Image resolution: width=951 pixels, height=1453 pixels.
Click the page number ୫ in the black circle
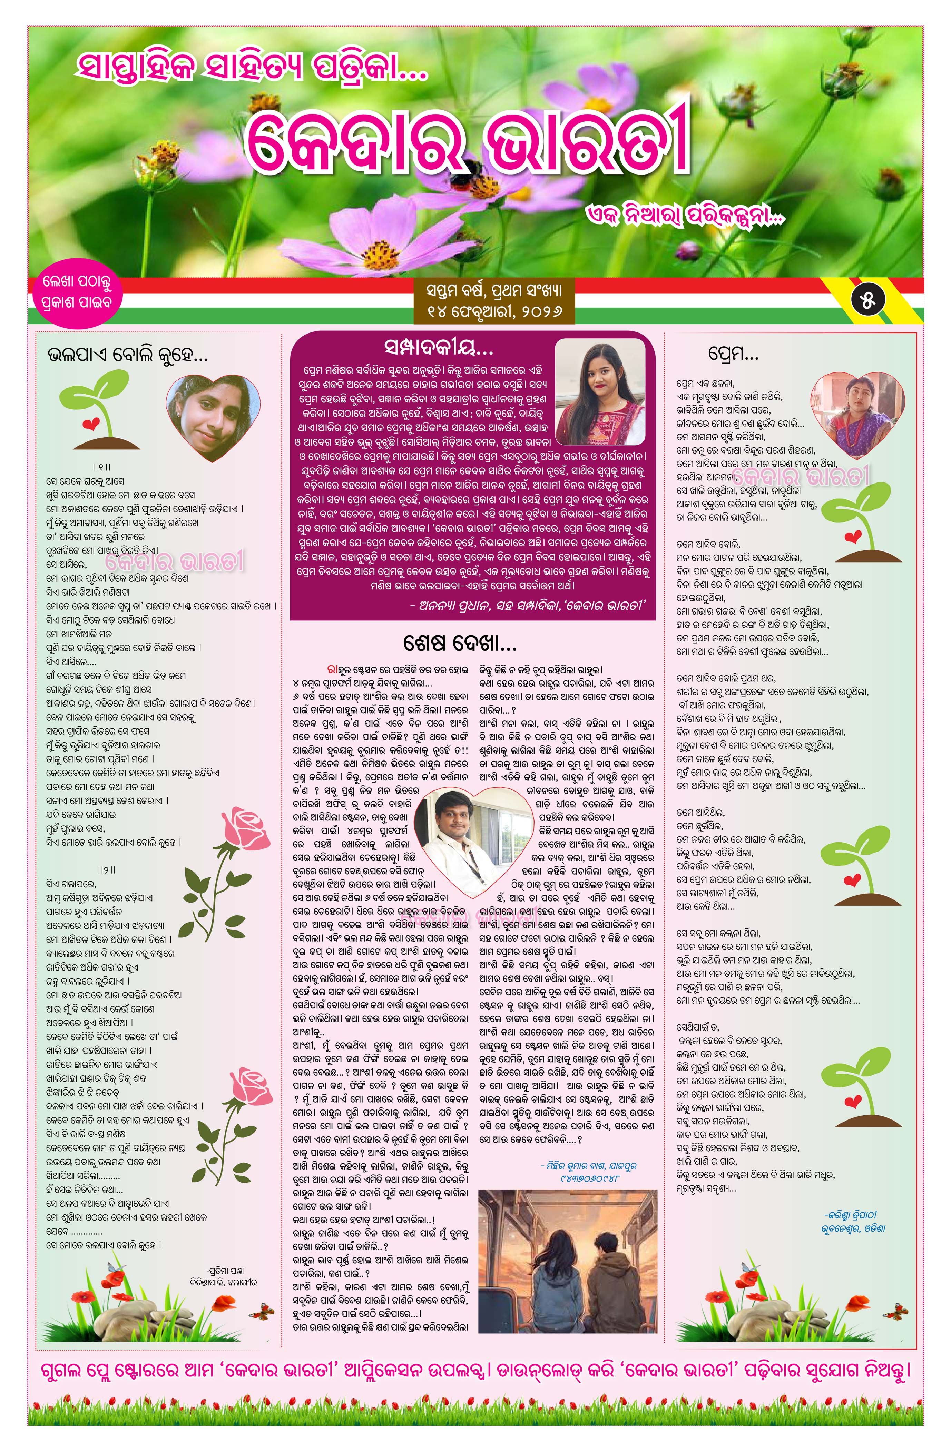pyautogui.click(x=867, y=300)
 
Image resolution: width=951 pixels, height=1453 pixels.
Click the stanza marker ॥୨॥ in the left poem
pyautogui.click(x=106, y=869)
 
